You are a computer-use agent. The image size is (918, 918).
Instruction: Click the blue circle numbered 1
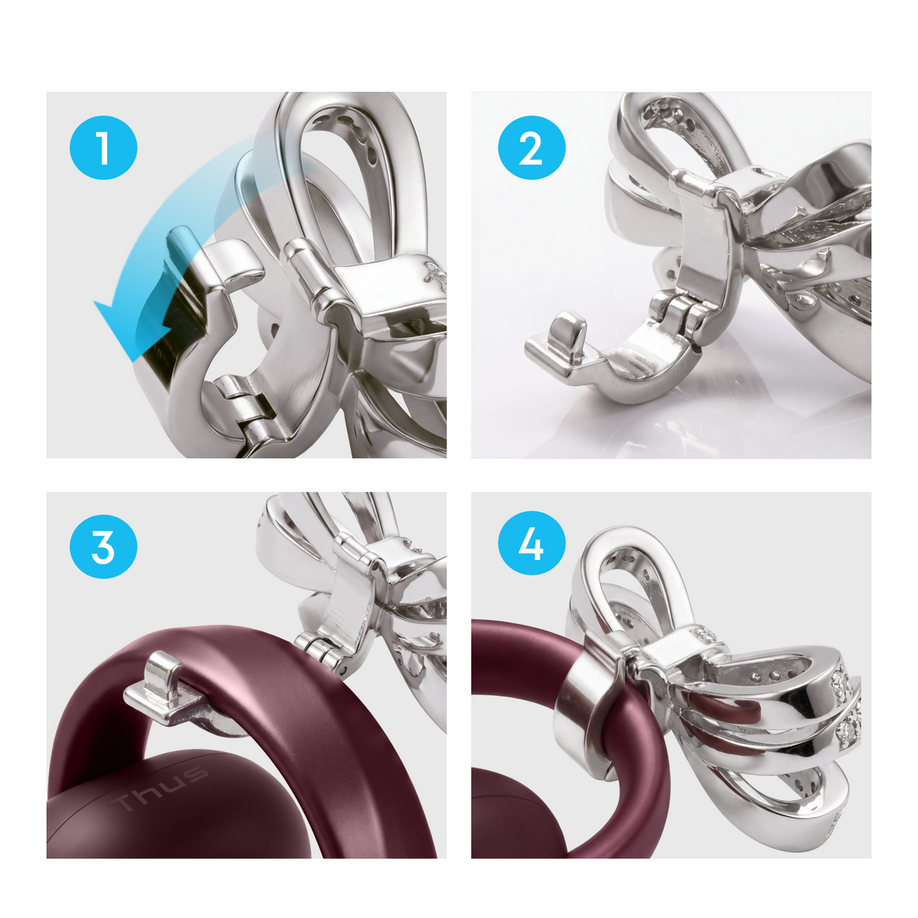click(x=103, y=148)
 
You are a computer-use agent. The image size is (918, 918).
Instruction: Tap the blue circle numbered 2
click(x=532, y=148)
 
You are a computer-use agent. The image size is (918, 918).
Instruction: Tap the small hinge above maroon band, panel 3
click(x=323, y=646)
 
